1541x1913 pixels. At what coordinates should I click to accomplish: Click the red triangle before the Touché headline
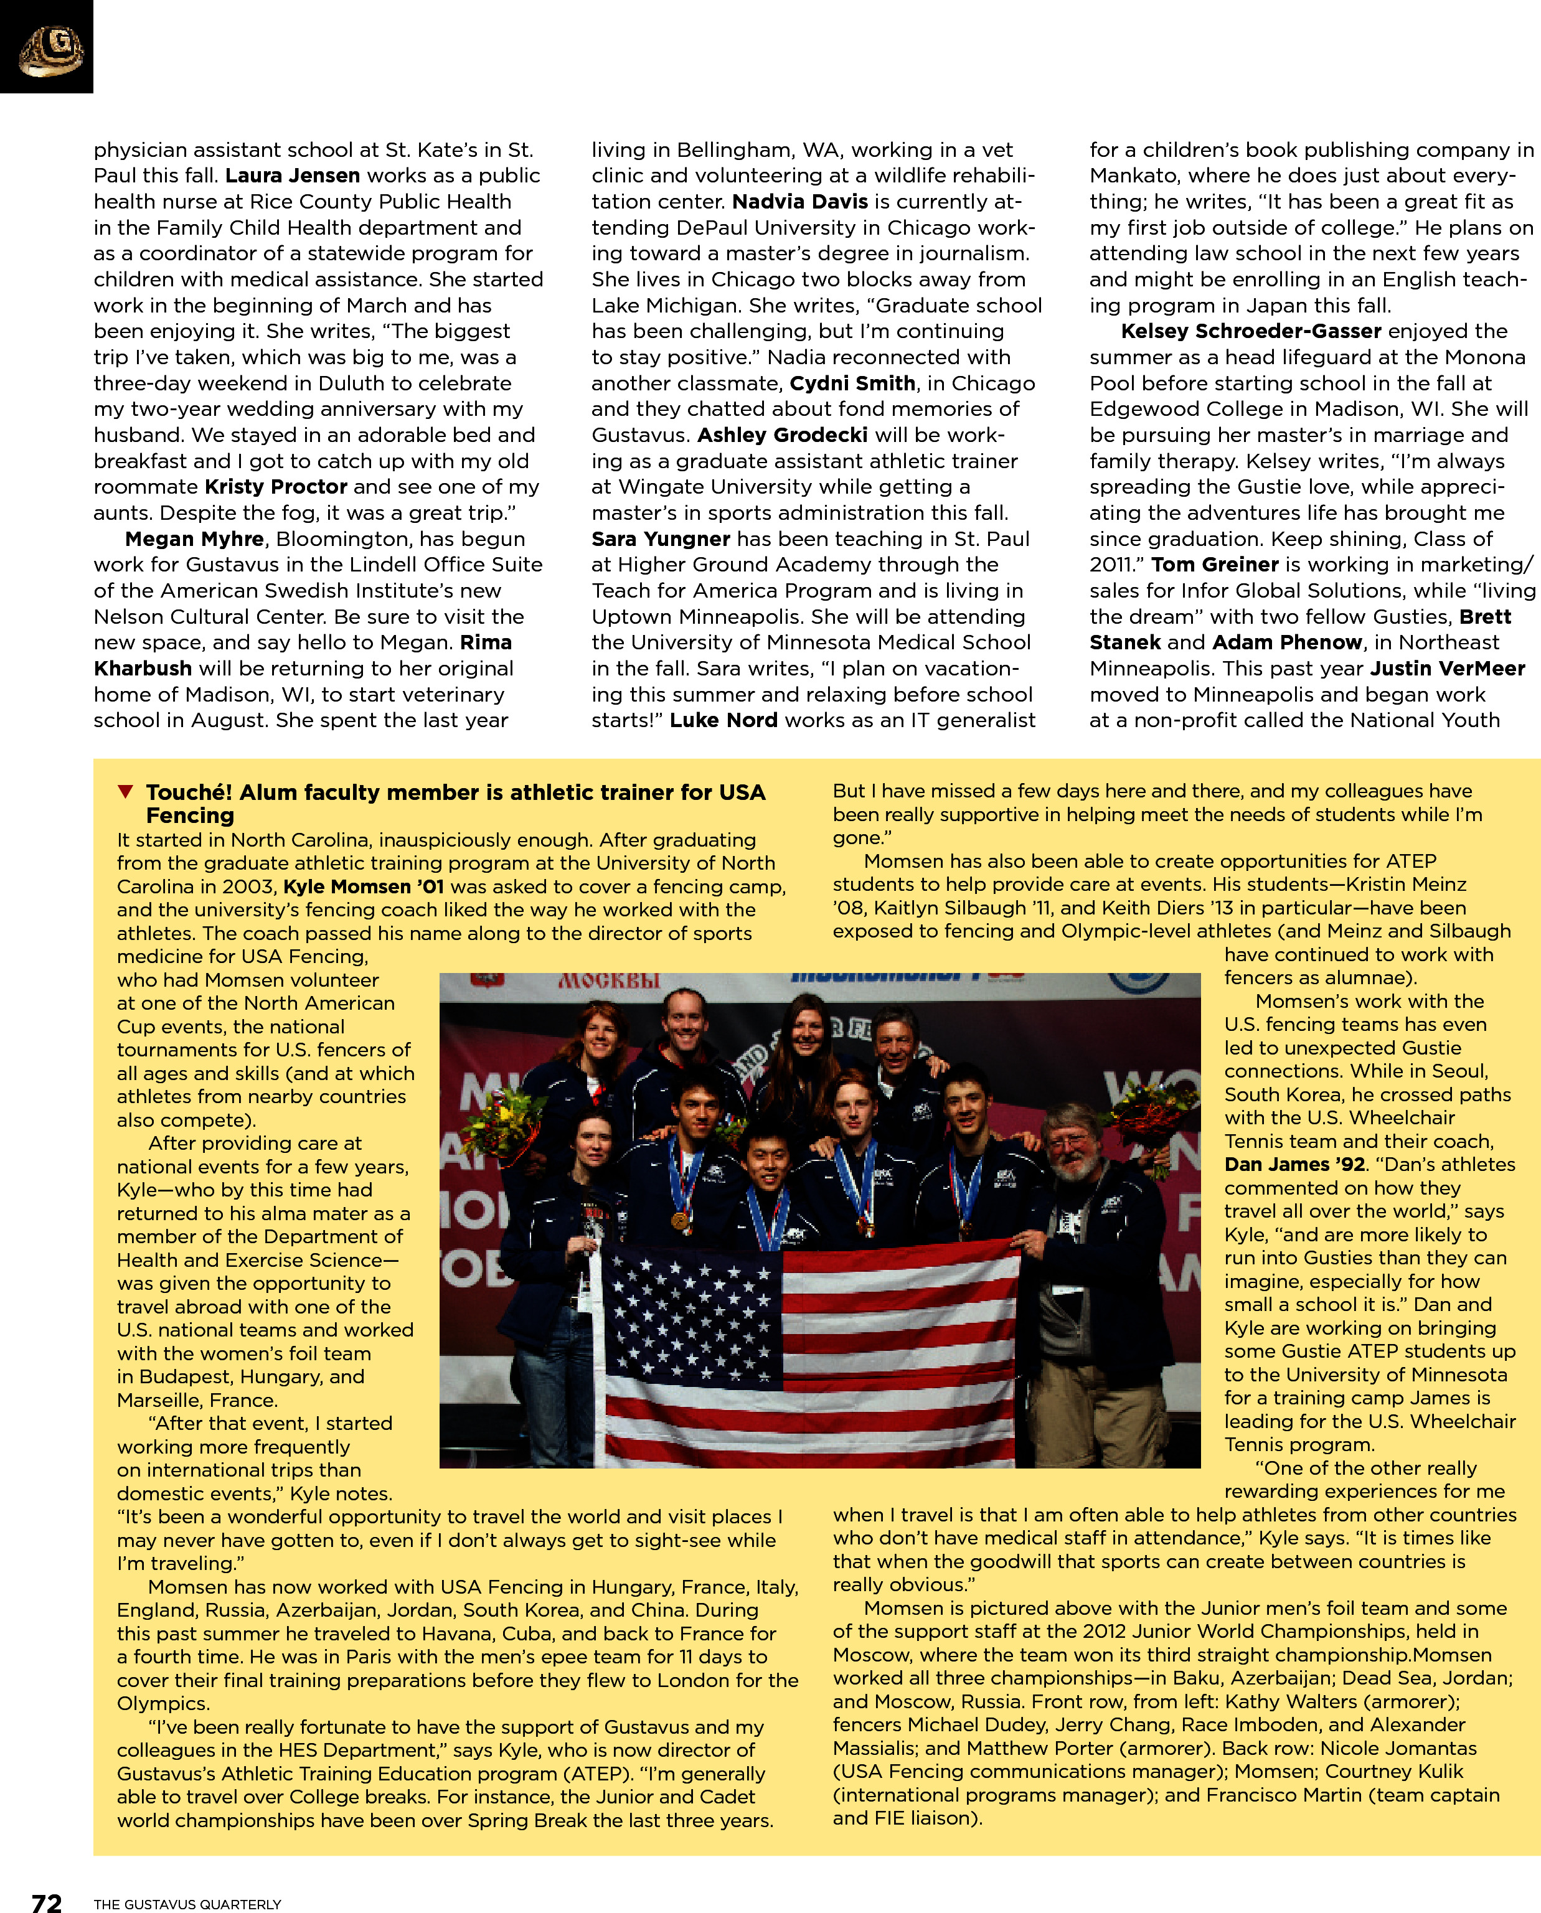(x=126, y=791)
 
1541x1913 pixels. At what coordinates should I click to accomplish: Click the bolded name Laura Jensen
(x=292, y=176)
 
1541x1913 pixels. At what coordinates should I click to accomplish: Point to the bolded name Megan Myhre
(x=194, y=538)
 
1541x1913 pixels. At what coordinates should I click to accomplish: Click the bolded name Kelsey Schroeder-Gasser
(x=1251, y=331)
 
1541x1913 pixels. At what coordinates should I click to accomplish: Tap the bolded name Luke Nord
(x=723, y=720)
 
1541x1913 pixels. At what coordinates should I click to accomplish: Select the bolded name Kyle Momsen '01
(x=363, y=886)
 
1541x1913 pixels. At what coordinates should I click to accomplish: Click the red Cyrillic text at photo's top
(x=609, y=980)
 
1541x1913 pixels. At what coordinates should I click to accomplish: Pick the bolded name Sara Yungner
(x=661, y=538)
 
